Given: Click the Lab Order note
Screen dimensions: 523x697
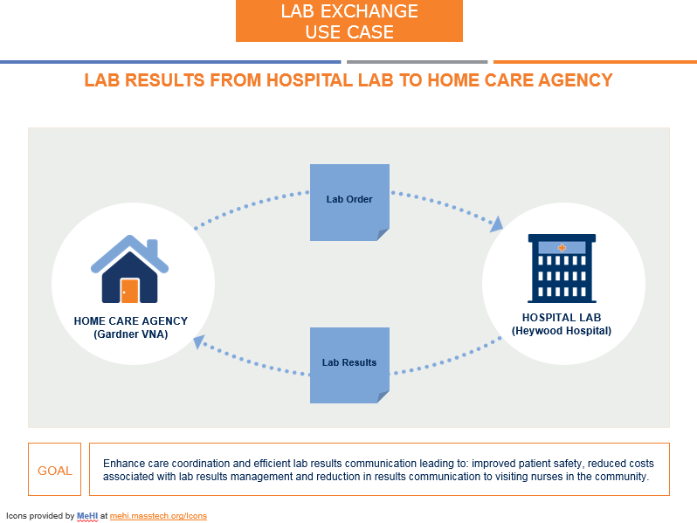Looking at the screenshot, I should click(349, 201).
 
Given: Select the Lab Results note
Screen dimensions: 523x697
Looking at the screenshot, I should click(349, 364).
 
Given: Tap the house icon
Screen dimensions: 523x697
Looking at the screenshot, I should click(130, 270).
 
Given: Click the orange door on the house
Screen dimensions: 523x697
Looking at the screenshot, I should click(130, 290).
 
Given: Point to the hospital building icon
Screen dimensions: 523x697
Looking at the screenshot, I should click(562, 268).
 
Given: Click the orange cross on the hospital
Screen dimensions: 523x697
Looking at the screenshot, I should click(562, 248).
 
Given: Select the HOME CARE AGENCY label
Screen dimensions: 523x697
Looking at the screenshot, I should click(130, 321).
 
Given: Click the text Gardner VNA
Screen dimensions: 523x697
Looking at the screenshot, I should click(130, 334).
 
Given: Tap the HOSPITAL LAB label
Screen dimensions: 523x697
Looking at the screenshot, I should click(562, 318).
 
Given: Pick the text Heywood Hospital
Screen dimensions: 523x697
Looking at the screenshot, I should click(562, 331).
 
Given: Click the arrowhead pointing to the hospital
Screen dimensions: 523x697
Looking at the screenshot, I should click(497, 224).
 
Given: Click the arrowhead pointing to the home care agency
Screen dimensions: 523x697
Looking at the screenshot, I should click(200, 341).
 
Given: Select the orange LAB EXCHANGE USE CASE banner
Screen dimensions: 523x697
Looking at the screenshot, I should click(348, 22).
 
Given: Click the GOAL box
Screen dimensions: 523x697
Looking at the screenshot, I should click(54, 470).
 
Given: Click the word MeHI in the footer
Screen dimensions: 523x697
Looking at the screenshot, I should click(87, 516).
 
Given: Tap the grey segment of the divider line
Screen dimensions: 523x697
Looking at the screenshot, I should click(417, 62).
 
